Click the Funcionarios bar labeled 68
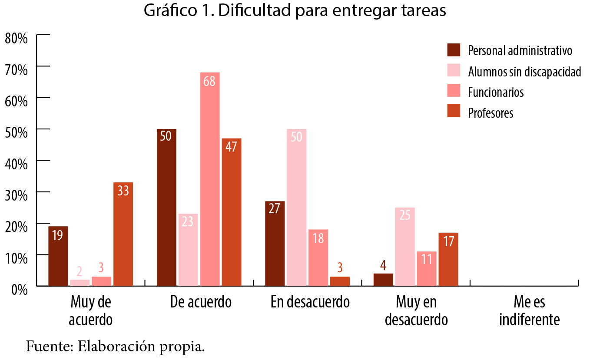(209, 179)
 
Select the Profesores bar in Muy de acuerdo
(123, 234)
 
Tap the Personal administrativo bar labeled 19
(58, 256)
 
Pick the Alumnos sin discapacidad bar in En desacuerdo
(296, 208)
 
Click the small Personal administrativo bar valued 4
(383, 280)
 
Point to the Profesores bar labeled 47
(231, 212)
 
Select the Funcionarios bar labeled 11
(426, 269)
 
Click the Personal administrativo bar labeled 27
(275, 244)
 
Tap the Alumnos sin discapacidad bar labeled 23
(188, 250)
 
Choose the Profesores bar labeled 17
(448, 259)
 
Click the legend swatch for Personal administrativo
(454, 50)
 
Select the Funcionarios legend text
(495, 92)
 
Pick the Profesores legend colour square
(454, 112)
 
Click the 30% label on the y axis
(16, 194)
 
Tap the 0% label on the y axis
(19, 288)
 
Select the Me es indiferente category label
(529, 311)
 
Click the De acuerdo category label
(201, 302)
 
